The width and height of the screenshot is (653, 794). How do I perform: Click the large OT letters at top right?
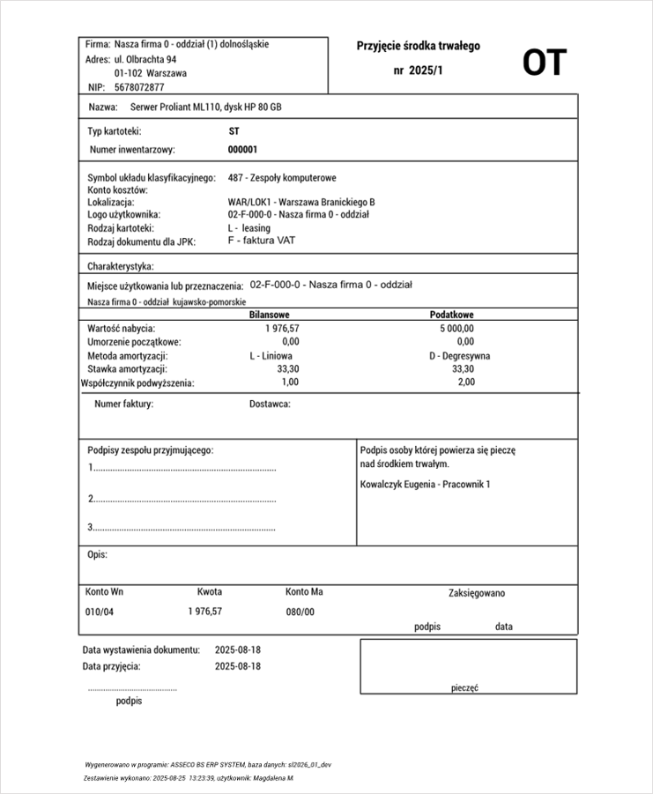tap(544, 63)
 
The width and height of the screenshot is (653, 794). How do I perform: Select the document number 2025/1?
tap(418, 70)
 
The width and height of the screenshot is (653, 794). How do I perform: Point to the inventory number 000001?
tap(243, 150)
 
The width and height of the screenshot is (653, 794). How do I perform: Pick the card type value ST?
tap(234, 130)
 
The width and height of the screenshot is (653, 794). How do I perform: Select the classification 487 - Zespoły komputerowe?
tap(281, 178)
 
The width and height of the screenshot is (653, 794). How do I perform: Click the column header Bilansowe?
tap(270, 315)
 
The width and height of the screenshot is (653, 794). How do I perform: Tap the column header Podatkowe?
tap(452, 315)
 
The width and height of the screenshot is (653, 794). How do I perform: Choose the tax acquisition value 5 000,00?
tap(456, 328)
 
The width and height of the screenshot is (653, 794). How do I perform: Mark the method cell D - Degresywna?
tap(459, 356)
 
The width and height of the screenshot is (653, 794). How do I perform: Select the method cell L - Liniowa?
tap(271, 356)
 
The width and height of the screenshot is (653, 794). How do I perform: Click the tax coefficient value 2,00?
tap(466, 382)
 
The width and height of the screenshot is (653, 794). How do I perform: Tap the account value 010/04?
tap(100, 612)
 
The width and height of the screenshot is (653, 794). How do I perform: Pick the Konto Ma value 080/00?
tap(301, 612)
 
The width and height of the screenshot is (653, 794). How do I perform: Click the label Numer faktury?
tap(124, 404)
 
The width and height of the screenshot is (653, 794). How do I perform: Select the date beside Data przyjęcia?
tap(238, 666)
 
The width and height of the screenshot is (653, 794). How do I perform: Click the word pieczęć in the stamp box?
tap(464, 688)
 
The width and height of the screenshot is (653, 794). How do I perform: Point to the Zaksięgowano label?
tap(477, 593)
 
